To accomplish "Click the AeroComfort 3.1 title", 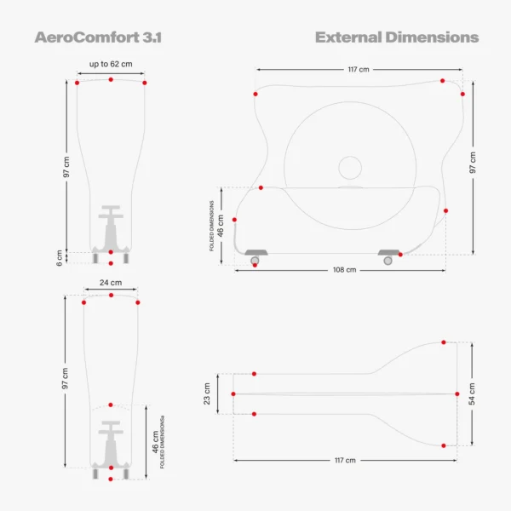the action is point(98,37).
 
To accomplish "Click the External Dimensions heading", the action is point(397,37).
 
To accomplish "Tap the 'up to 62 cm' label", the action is point(111,64).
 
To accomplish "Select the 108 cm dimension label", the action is point(344,270).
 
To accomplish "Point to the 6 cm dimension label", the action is point(59,258).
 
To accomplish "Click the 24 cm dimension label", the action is point(111,283).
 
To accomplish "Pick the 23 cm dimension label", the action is point(207,393).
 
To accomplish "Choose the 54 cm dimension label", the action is point(472,394).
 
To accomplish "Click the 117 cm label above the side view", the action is point(359,70).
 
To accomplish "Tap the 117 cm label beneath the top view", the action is point(345,460).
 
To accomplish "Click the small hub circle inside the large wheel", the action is point(350,168).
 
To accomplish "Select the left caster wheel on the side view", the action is point(255,261).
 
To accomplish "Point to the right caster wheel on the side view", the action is point(388,261).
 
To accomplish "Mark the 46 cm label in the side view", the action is point(221,226).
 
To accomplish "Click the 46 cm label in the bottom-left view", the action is point(155,442).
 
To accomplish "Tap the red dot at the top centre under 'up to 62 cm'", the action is point(111,79).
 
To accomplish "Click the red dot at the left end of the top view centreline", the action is point(233,394).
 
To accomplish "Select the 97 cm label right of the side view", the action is point(473,163).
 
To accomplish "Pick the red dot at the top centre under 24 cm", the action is point(111,295).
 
